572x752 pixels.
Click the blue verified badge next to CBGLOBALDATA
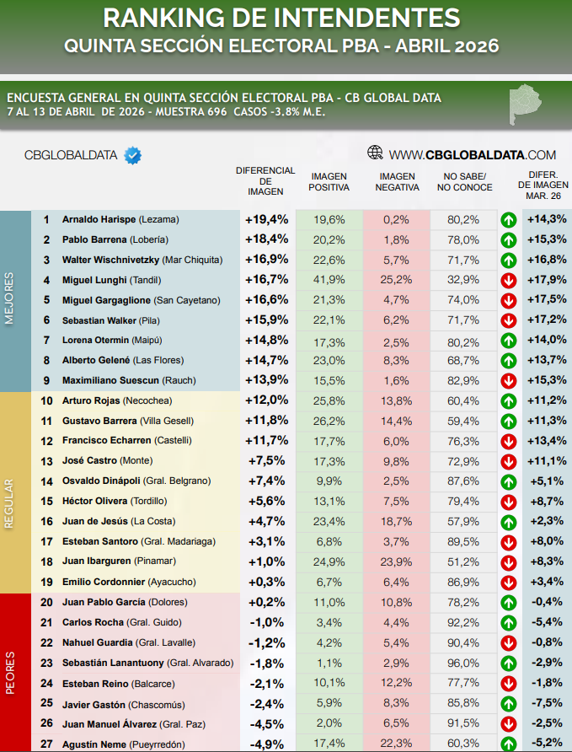coord(132,154)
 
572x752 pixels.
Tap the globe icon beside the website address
coord(376,153)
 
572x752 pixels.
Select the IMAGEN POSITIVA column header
coord(329,181)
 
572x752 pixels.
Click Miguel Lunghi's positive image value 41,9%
coord(329,280)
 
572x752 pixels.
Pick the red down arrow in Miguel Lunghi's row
coord(508,280)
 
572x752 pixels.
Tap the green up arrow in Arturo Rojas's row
coord(508,400)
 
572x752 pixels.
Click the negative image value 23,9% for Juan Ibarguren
coord(395,561)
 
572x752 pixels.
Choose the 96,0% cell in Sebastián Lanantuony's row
coord(464,663)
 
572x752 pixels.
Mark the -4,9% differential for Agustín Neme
coord(267,743)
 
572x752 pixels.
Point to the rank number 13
coord(46,461)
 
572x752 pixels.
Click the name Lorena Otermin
coord(95,341)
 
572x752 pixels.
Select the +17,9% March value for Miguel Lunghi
coord(546,280)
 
